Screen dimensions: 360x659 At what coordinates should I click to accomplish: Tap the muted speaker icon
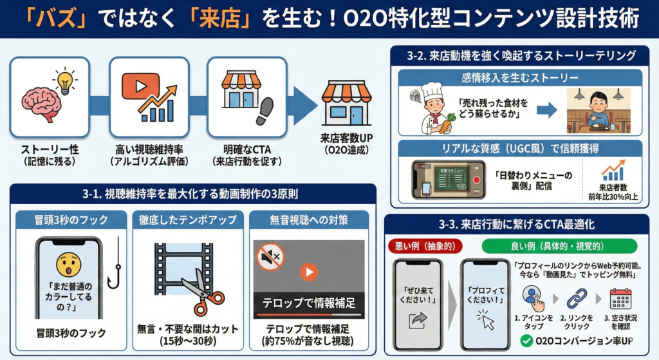point(270,257)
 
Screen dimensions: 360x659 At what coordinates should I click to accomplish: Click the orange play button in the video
point(310,272)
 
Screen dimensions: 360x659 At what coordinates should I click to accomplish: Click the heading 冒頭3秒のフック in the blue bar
point(72,220)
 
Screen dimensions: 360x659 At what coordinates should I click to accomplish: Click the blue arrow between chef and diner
point(546,110)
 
